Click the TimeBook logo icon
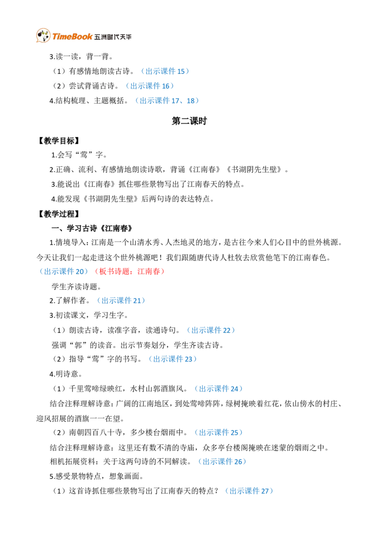[x=43, y=36]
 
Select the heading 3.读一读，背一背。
[x=81, y=56]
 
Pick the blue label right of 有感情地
[x=165, y=71]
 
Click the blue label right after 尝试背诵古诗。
[x=150, y=86]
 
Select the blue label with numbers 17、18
[x=168, y=101]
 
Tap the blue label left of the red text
[x=63, y=272]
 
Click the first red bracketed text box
[x=114, y=272]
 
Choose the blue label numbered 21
[x=121, y=300]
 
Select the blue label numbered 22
[x=210, y=330]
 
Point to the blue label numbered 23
[x=172, y=359]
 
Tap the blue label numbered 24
[x=218, y=389]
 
